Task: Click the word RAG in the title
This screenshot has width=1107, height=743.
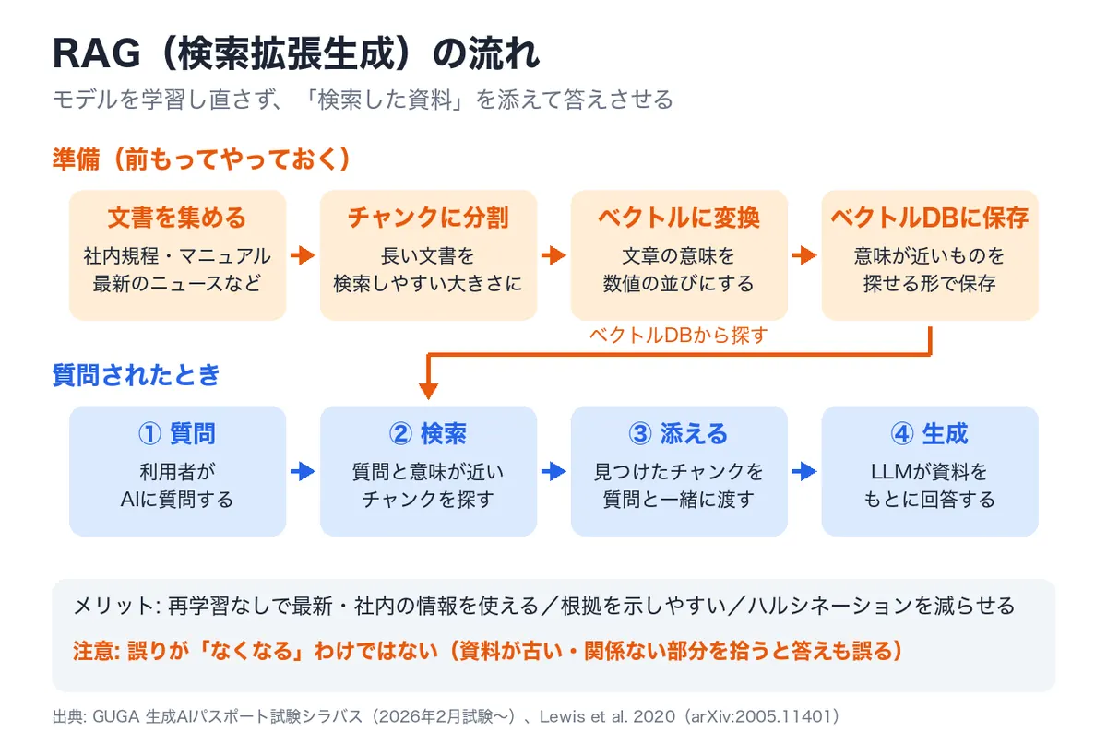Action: tap(97, 53)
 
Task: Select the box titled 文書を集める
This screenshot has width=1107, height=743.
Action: tap(177, 255)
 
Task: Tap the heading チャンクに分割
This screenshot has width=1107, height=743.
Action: tap(428, 218)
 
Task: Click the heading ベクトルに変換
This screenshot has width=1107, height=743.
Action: tap(679, 218)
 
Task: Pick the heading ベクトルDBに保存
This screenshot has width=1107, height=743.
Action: tap(930, 218)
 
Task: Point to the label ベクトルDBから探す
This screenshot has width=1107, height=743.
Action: tap(679, 336)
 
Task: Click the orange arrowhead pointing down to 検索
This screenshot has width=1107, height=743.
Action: tap(428, 391)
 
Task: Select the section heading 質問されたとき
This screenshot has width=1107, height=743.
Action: tap(136, 374)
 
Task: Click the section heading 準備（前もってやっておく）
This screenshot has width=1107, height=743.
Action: tap(202, 159)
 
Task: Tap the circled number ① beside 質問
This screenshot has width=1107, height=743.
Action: tap(149, 433)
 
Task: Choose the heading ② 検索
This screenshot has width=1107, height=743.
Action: tap(428, 433)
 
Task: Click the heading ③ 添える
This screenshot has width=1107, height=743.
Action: tap(679, 433)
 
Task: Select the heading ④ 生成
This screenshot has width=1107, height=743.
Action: tap(930, 433)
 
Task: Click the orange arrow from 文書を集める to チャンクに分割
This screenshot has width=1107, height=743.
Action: tap(303, 255)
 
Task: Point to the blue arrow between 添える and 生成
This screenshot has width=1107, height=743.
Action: tap(804, 471)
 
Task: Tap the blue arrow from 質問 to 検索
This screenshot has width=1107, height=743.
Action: tap(303, 471)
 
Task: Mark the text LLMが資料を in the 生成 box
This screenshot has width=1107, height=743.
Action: tap(929, 471)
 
